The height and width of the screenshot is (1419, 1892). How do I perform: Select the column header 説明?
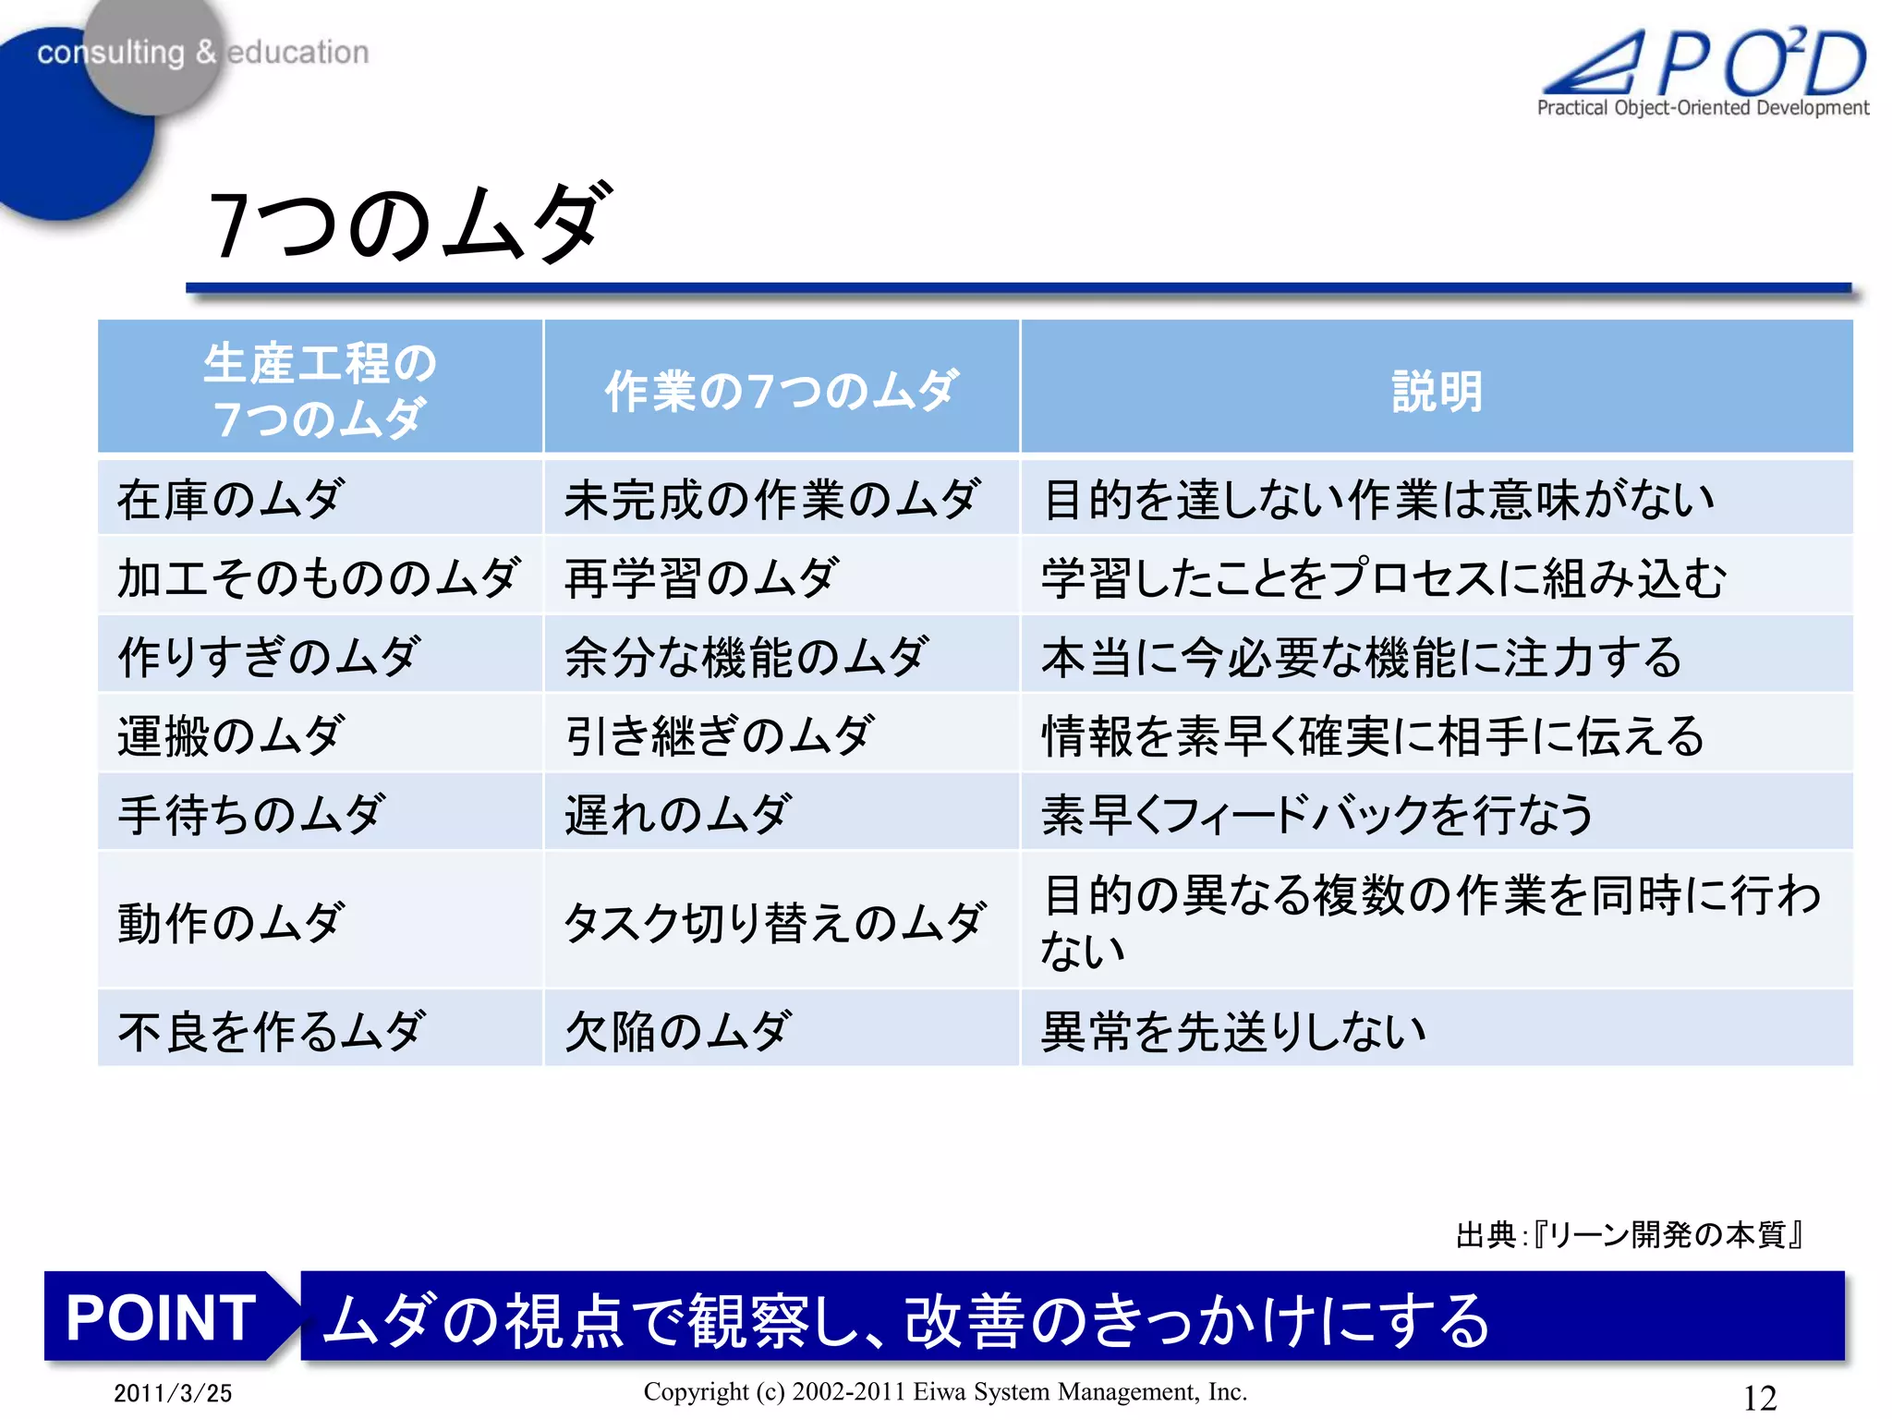pyautogui.click(x=1437, y=392)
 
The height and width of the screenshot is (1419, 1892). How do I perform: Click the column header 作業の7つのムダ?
pyautogui.click(x=782, y=392)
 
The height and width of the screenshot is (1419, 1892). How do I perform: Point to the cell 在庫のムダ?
pyautogui.click(x=231, y=500)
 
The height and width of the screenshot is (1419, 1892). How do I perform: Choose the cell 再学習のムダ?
pyautogui.click(x=701, y=579)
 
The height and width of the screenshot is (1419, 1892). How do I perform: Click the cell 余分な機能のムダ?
pyautogui.click(x=746, y=658)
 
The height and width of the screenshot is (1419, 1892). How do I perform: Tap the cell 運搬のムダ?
pyautogui.click(x=231, y=736)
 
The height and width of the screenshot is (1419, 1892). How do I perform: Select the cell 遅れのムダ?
pyautogui.click(x=677, y=815)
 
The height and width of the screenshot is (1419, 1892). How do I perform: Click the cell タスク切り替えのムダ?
pyautogui.click(x=774, y=922)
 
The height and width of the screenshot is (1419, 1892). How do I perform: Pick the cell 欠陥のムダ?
pyautogui.click(x=677, y=1031)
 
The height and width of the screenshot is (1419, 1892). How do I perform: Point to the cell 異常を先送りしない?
pyautogui.click(x=1233, y=1031)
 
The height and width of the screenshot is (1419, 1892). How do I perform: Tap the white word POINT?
pyautogui.click(x=161, y=1317)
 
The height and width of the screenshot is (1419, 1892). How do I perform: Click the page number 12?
pyautogui.click(x=1759, y=1397)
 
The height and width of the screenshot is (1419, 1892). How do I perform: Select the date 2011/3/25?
pyautogui.click(x=173, y=1393)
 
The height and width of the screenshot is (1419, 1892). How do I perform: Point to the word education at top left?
pyautogui.click(x=297, y=53)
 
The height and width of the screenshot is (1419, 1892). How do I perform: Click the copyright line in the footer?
pyautogui.click(x=945, y=1392)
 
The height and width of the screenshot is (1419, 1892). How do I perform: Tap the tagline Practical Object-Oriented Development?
pyautogui.click(x=1703, y=108)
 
